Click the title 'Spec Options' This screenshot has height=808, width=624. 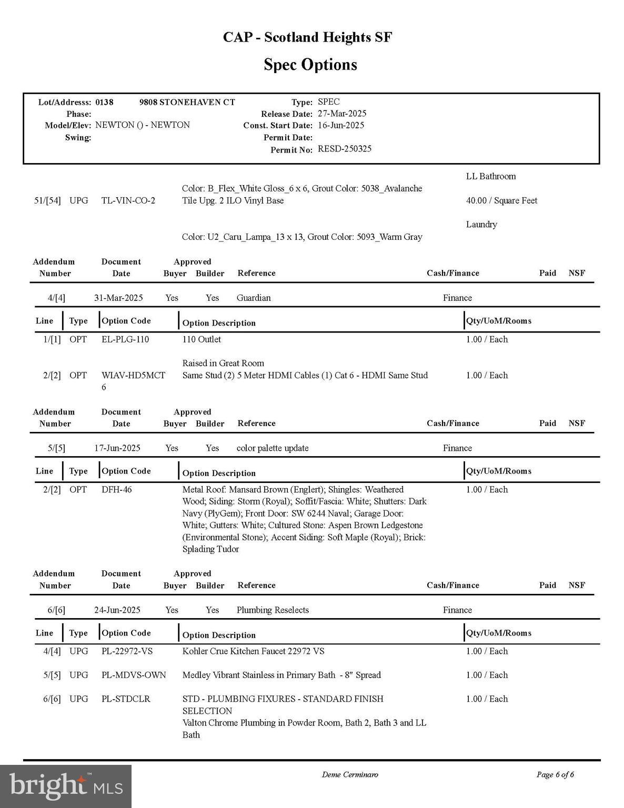click(x=310, y=65)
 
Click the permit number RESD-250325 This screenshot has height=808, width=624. click(x=345, y=149)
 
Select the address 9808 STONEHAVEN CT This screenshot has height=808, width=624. click(x=187, y=102)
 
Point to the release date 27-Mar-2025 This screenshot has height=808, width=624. click(x=342, y=114)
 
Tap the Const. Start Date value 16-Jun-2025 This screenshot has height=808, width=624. click(x=341, y=125)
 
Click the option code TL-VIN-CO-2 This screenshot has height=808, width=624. click(x=128, y=200)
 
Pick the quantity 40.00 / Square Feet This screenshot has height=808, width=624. click(x=501, y=200)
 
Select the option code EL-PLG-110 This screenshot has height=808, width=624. click(x=125, y=339)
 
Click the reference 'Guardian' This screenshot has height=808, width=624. click(x=254, y=298)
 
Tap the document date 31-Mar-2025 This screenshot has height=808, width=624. click(x=118, y=298)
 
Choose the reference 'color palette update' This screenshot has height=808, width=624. click(x=273, y=448)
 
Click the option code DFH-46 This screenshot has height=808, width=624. click(x=117, y=490)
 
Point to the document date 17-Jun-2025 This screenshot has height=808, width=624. click(x=117, y=448)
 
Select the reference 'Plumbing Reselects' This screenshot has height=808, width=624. click(x=273, y=610)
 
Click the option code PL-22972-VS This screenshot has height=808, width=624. click(x=127, y=651)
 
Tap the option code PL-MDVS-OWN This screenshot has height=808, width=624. click(x=134, y=675)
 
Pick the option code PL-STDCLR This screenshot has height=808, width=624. click(x=126, y=699)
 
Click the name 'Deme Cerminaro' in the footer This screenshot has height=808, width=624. click(x=350, y=774)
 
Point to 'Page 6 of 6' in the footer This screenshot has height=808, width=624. click(x=555, y=774)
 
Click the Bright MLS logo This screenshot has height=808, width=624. click(x=66, y=786)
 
